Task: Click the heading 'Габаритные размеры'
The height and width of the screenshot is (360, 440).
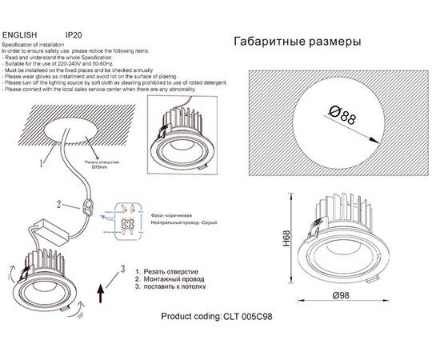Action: (x=297, y=42)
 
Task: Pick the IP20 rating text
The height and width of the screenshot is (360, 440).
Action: (x=73, y=36)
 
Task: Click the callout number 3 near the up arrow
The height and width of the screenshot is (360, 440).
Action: (x=122, y=267)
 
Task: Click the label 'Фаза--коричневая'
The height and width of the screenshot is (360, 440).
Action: (x=173, y=216)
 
